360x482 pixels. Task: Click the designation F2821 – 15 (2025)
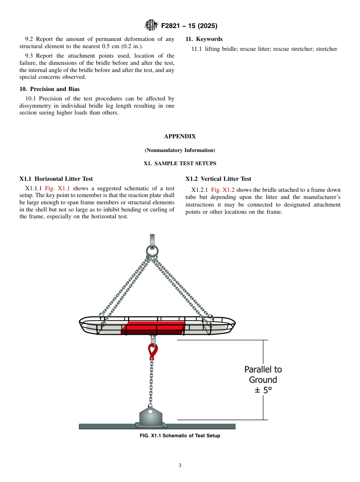[189, 26]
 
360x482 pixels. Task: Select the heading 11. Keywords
[204, 39]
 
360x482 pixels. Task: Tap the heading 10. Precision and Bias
[50, 89]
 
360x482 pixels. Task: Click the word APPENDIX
[180, 136]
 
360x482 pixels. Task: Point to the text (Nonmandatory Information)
[180, 150]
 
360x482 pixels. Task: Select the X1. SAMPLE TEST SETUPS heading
[180, 164]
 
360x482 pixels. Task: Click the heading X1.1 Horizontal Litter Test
[56, 179]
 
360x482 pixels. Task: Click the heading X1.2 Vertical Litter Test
[218, 179]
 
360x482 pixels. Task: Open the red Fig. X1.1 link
[57, 188]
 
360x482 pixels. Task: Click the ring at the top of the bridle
[152, 251]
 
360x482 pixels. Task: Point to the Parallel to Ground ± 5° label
[263, 380]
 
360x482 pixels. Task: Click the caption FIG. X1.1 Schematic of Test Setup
[180, 436]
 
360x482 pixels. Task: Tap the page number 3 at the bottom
[180, 466]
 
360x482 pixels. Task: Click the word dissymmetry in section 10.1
[36, 106]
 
